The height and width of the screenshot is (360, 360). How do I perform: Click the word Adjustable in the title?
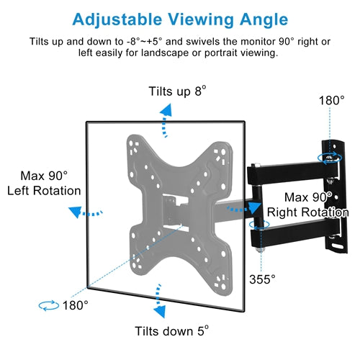[117, 19]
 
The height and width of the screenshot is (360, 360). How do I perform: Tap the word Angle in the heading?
[264, 19]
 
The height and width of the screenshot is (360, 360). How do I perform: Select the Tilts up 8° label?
[177, 91]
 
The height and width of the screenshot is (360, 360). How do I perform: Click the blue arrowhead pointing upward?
[166, 110]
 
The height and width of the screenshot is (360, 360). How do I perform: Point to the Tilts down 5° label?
[171, 331]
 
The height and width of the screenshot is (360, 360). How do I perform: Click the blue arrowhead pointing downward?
[160, 311]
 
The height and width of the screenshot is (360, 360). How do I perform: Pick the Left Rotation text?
[44, 191]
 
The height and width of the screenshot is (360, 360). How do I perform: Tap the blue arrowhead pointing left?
[75, 212]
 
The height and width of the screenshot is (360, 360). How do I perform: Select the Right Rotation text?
[307, 212]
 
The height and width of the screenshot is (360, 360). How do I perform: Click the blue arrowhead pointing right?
[255, 208]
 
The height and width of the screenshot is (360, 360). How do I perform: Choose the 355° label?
[262, 279]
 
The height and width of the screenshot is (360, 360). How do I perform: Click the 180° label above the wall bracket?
[332, 100]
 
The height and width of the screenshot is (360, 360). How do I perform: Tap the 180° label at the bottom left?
[76, 305]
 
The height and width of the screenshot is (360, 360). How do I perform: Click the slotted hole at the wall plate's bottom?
[338, 246]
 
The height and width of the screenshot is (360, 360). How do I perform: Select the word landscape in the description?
[165, 53]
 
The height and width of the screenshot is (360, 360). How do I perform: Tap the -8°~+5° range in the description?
[145, 42]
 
